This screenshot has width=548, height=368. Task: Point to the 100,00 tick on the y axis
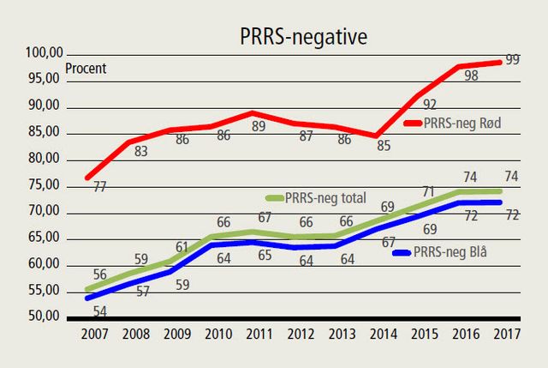43,53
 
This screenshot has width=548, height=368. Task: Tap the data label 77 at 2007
100,186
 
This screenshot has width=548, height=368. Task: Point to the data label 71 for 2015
430,192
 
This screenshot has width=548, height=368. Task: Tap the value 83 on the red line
141,152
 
